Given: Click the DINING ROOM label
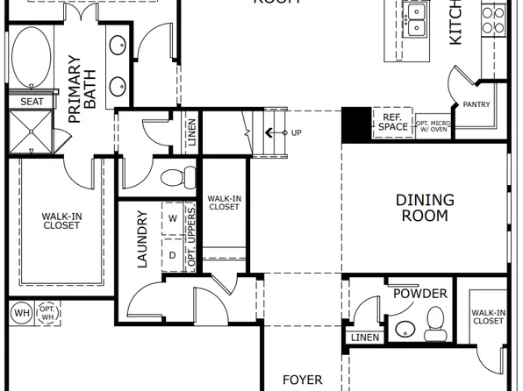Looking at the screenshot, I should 425,207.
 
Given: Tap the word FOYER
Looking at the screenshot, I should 302,380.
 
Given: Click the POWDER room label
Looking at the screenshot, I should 419,294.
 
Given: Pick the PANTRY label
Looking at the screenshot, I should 476,104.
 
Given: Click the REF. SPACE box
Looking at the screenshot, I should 392,121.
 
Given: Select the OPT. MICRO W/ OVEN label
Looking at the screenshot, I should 433,127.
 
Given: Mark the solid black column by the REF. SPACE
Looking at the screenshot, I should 355,124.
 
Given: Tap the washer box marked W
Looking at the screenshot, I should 172,217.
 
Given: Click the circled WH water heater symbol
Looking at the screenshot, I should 20,312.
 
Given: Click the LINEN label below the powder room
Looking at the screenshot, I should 363,338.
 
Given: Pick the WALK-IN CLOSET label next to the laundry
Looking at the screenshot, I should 225,204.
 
